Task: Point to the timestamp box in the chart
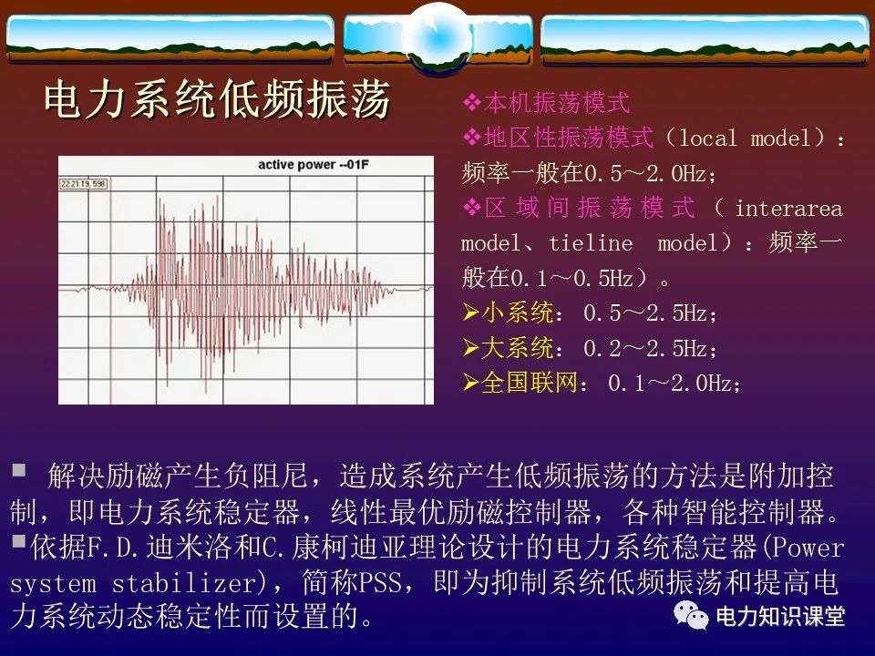pyautogui.click(x=84, y=184)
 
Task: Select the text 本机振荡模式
pyautogui.click(x=557, y=103)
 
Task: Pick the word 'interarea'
pyautogui.click(x=788, y=209)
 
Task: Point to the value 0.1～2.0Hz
pyautogui.click(x=671, y=384)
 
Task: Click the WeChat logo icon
pyautogui.click(x=690, y=617)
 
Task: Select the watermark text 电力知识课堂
pyautogui.click(x=780, y=617)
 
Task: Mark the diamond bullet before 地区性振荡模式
pyautogui.click(x=471, y=138)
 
